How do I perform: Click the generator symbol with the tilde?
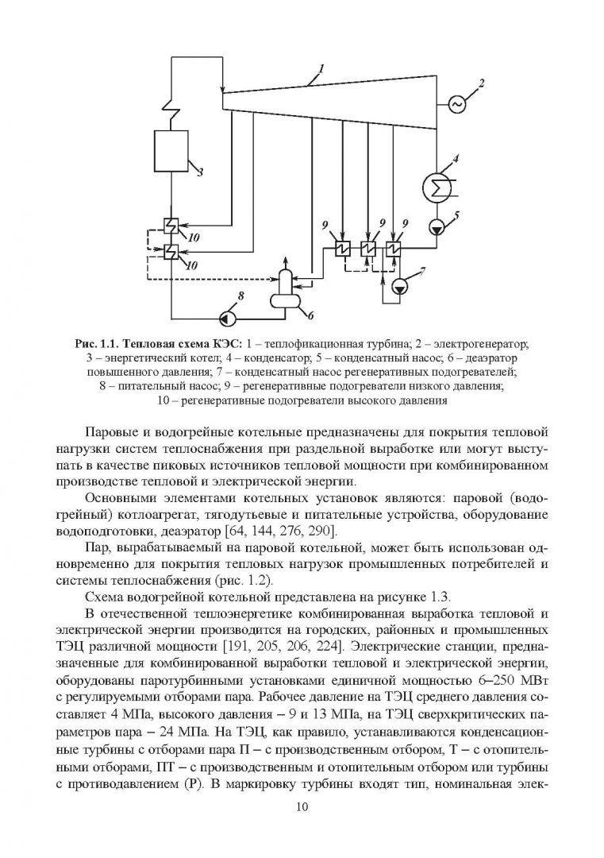point(456,103)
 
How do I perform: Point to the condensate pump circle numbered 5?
point(436,226)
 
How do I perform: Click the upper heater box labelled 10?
point(170,226)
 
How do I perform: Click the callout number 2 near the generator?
point(481,83)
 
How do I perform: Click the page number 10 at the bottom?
point(302,807)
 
